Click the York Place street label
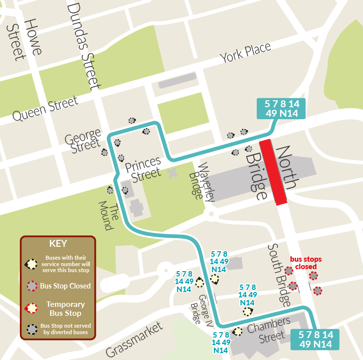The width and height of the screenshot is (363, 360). click(x=246, y=53)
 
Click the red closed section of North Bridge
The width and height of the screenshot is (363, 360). click(x=273, y=172)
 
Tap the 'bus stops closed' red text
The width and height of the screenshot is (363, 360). click(x=305, y=263)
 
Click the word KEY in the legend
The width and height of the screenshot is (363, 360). click(x=58, y=244)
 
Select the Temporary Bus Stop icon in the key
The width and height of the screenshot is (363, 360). click(x=32, y=308)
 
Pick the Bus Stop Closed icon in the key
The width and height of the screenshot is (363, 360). click(x=32, y=286)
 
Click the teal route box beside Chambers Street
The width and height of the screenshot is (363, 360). click(x=315, y=340)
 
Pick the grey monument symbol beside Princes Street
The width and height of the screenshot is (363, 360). click(x=173, y=173)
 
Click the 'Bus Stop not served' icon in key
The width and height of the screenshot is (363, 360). click(x=32, y=328)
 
